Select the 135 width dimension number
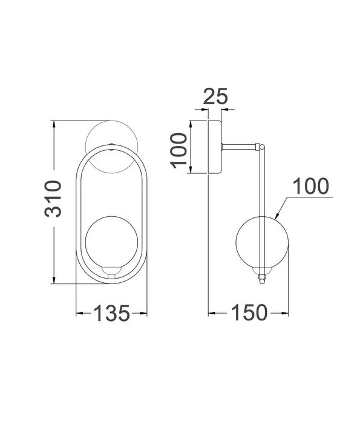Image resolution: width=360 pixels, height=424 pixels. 111,313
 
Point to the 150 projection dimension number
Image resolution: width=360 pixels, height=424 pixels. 248,313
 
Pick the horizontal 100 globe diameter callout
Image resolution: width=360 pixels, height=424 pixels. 311,187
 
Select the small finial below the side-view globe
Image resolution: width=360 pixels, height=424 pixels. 262,280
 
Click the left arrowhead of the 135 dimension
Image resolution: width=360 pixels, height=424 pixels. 79,313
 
